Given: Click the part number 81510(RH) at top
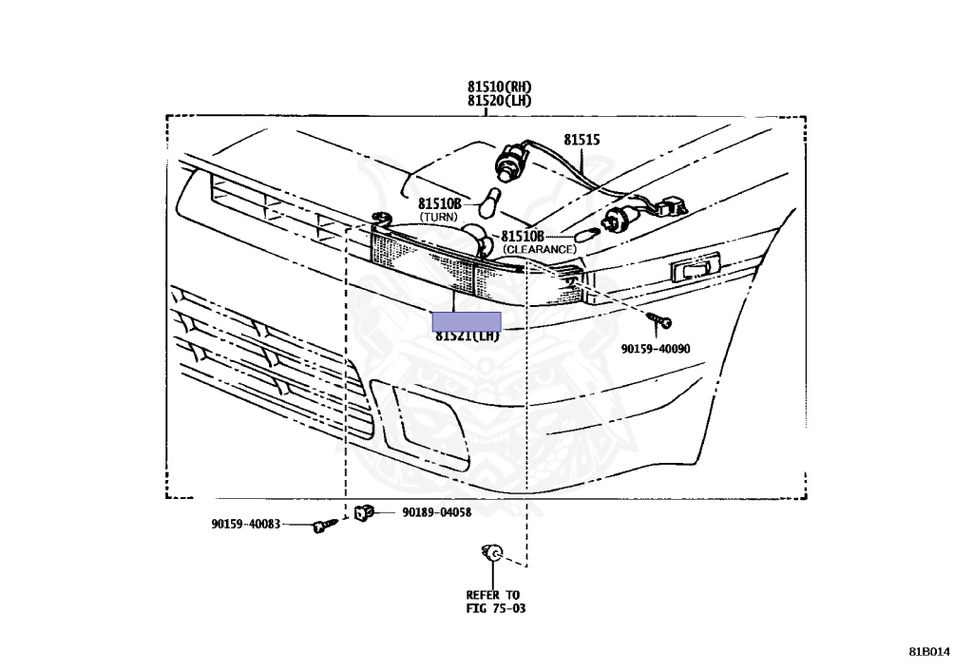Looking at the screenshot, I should point(499,86).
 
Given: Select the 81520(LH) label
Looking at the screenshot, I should point(499,100).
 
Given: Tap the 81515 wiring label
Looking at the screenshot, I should point(582,140).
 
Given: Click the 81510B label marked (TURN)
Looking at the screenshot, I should point(439,204).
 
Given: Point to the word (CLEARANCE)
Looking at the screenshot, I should point(540,249).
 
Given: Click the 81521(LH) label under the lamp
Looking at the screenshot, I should point(467,336).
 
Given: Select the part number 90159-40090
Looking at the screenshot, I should point(656,349).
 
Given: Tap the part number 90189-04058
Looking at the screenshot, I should point(436,512).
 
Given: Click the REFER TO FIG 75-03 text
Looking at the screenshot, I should point(494,602).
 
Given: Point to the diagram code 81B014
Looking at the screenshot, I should point(928,652).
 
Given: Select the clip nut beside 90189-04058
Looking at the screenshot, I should point(362,513).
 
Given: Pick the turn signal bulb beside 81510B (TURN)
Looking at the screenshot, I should point(492,202).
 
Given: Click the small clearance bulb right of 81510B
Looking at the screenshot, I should point(584,232).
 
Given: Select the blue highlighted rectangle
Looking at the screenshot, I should point(467,320).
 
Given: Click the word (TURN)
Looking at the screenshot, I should point(439,218).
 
